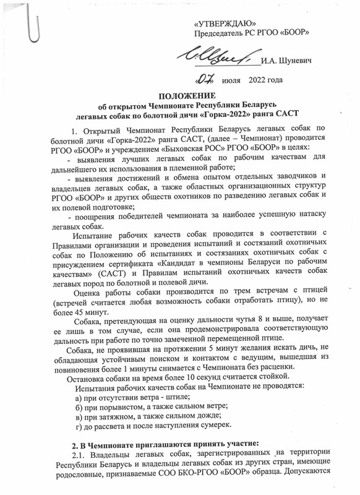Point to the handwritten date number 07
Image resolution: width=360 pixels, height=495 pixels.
coord(204,80)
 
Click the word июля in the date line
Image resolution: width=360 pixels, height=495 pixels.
coord(231,81)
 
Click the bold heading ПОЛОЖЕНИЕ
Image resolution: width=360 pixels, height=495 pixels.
coord(183,97)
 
